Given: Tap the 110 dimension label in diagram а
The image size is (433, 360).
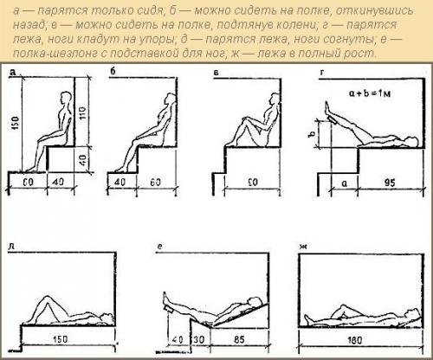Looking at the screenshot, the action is click(x=82, y=114).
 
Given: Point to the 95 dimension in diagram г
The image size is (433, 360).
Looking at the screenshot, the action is click(x=390, y=183).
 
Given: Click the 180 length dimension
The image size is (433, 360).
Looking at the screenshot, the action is click(x=354, y=340).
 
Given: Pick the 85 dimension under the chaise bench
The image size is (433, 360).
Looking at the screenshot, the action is click(x=239, y=339).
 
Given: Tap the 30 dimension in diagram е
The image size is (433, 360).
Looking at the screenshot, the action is click(x=198, y=339).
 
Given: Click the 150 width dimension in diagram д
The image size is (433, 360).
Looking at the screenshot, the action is click(x=60, y=339).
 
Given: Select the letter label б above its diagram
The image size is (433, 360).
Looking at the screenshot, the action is click(x=113, y=71).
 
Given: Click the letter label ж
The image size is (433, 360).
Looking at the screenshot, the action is click(x=303, y=247).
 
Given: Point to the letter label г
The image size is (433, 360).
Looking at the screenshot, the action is click(x=322, y=73).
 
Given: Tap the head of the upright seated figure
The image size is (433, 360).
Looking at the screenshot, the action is click(x=65, y=98).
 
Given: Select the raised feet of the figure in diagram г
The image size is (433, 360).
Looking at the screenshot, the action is click(x=327, y=109).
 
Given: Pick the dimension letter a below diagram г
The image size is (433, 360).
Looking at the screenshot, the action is click(x=344, y=183).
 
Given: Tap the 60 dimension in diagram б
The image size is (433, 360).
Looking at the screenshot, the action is click(x=155, y=183).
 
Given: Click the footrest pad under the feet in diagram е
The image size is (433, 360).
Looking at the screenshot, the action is click(x=168, y=309).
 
